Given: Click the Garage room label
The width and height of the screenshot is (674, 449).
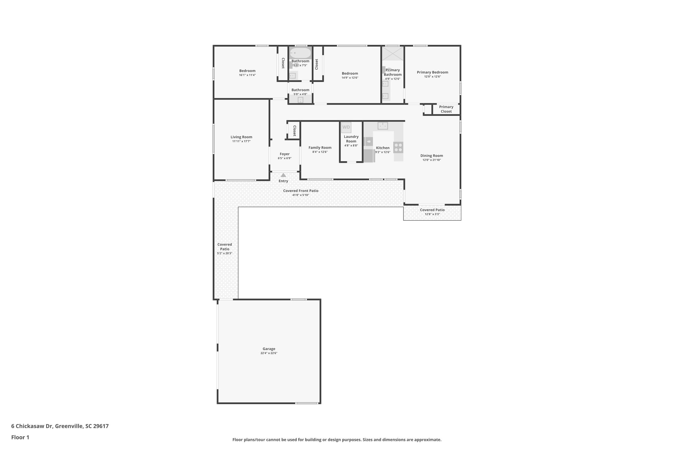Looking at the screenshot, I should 269,349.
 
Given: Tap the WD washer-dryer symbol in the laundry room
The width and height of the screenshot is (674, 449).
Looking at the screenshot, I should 346,127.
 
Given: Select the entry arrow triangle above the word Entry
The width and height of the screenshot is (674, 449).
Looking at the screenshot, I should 283,175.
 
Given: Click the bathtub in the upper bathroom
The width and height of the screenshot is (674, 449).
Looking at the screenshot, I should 300,53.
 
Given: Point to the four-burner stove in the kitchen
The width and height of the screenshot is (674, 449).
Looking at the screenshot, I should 398,147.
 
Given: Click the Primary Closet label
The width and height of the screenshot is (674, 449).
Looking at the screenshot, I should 446,109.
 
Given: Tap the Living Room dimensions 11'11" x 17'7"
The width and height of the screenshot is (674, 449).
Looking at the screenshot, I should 241,141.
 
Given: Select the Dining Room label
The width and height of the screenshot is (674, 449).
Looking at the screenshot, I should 431,156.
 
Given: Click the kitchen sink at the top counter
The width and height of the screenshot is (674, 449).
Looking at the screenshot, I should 382,126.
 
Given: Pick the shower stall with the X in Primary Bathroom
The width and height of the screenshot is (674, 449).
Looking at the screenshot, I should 393,53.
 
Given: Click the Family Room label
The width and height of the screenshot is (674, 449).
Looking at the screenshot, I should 320,148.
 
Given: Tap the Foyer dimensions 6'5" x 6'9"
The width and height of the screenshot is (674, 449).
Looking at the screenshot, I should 285,158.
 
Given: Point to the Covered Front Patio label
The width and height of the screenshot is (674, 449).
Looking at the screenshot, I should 301,191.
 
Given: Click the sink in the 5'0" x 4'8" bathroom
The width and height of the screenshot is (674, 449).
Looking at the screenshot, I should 300,100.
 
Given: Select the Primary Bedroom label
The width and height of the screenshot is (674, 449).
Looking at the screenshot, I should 432,72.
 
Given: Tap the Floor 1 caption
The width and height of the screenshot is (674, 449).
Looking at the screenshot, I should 20,437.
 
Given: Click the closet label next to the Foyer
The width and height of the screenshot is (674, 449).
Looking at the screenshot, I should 294,131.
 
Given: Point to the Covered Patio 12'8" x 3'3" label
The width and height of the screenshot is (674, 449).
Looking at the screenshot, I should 432,210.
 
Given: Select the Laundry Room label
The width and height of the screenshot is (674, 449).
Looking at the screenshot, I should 351,139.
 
